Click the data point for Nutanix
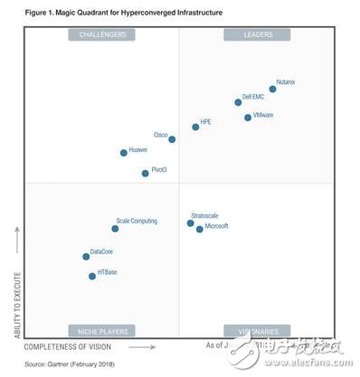[x=272, y=89]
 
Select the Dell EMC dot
[x=238, y=102]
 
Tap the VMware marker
[x=248, y=117]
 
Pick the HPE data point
[x=195, y=127]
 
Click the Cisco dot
[x=172, y=139]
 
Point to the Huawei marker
[x=124, y=153]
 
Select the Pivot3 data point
[x=145, y=173]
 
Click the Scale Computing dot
[x=115, y=229]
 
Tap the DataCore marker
[x=86, y=257]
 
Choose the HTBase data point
[x=92, y=277]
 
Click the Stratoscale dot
[x=190, y=222]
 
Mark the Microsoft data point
[x=200, y=229]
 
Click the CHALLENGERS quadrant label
[x=102, y=34]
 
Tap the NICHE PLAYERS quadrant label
[x=102, y=331]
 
